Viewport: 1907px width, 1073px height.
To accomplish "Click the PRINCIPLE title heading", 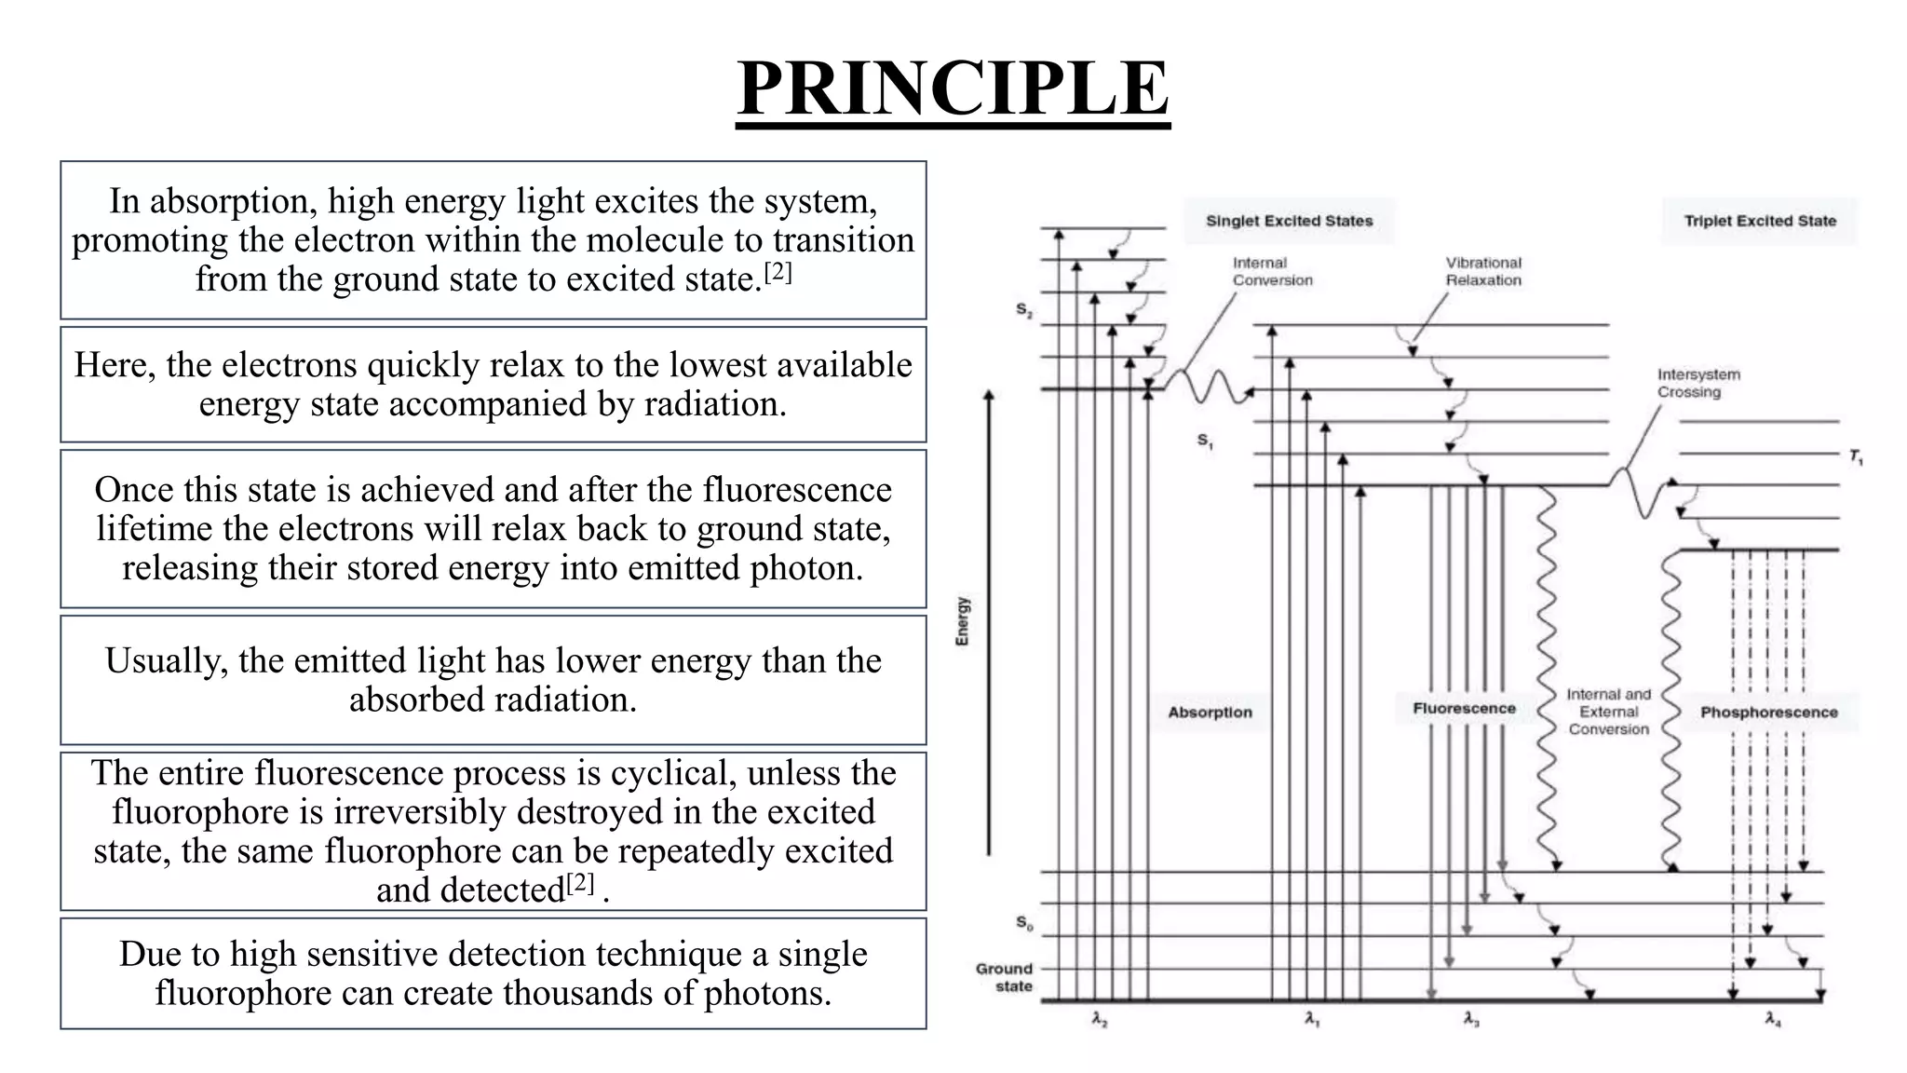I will [953, 88].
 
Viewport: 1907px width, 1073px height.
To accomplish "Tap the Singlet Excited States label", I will [1289, 221].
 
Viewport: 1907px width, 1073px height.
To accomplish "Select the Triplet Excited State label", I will [1759, 221].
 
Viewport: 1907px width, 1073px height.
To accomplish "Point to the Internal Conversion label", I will [1272, 271].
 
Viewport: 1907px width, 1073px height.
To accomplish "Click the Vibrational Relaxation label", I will [1482, 271].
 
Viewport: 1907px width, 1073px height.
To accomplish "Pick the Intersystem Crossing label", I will [1697, 383].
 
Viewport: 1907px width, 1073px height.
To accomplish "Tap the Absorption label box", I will [1210, 713].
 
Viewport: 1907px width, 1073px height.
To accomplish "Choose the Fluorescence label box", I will [1464, 709].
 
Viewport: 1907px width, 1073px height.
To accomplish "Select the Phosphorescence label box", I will [1768, 713].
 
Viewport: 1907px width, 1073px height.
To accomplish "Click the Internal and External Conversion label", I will [1608, 712].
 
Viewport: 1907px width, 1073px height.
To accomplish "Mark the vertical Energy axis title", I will [963, 621].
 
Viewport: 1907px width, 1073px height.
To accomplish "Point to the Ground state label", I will [1005, 977].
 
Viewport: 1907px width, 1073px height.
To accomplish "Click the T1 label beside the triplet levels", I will [1855, 456].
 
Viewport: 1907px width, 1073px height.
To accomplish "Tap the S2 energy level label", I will [1023, 310].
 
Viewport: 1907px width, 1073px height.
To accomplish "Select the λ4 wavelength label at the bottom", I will [1772, 1020].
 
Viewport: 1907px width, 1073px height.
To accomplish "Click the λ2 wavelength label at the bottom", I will [1099, 1020].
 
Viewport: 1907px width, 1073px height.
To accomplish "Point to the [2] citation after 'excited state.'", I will [778, 273].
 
